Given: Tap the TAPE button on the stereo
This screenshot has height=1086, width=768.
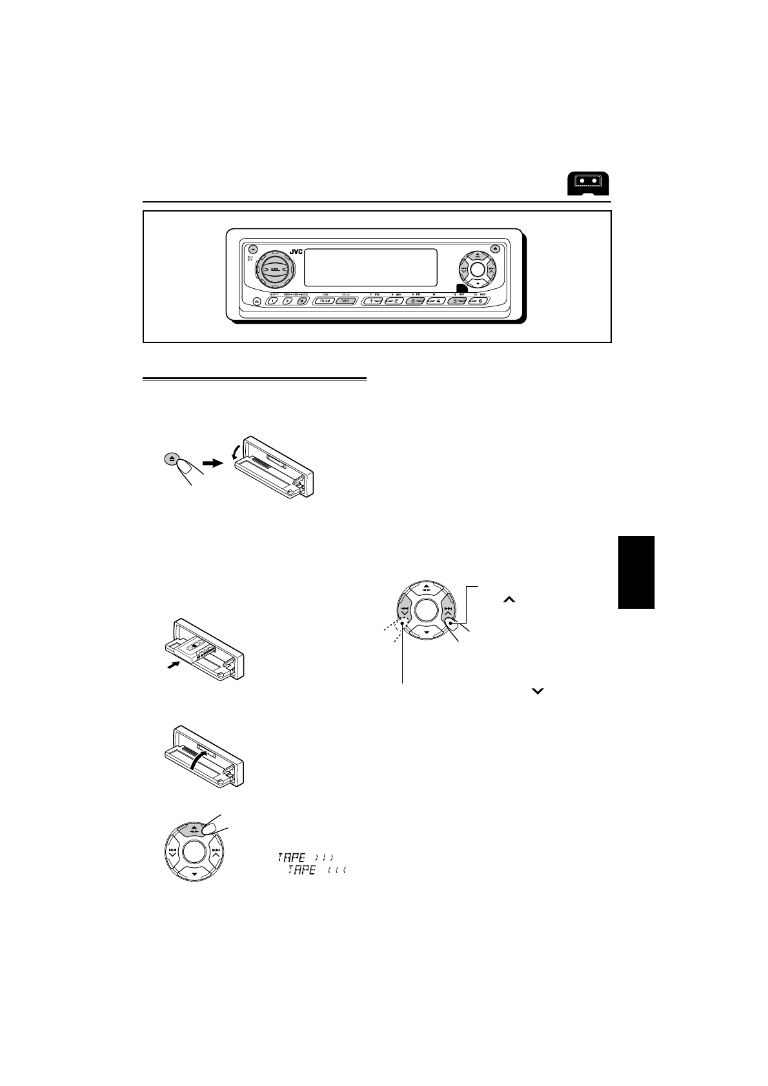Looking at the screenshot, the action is tap(346, 301).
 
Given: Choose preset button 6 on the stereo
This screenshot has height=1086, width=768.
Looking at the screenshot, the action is tap(479, 301).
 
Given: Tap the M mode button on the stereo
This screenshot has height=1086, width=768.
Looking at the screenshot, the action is tap(300, 301).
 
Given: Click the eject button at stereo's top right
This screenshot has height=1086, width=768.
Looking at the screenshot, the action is tap(495, 248).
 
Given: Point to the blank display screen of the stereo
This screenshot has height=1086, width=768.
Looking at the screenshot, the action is tap(370, 267).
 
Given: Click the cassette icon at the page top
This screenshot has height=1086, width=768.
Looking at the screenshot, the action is tap(589, 184).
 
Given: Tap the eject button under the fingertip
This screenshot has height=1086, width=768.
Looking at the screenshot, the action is tap(171, 459).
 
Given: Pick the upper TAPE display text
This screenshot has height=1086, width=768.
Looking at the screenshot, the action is tap(304, 857).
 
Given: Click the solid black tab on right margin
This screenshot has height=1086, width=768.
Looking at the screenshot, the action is tap(636, 571).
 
